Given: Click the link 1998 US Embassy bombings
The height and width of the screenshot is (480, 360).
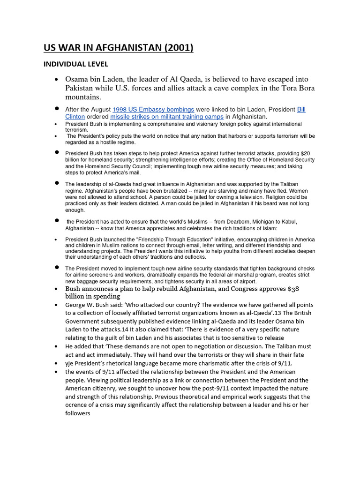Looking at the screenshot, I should (x=153, y=109).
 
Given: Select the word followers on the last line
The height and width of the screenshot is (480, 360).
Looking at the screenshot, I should (x=81, y=413).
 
